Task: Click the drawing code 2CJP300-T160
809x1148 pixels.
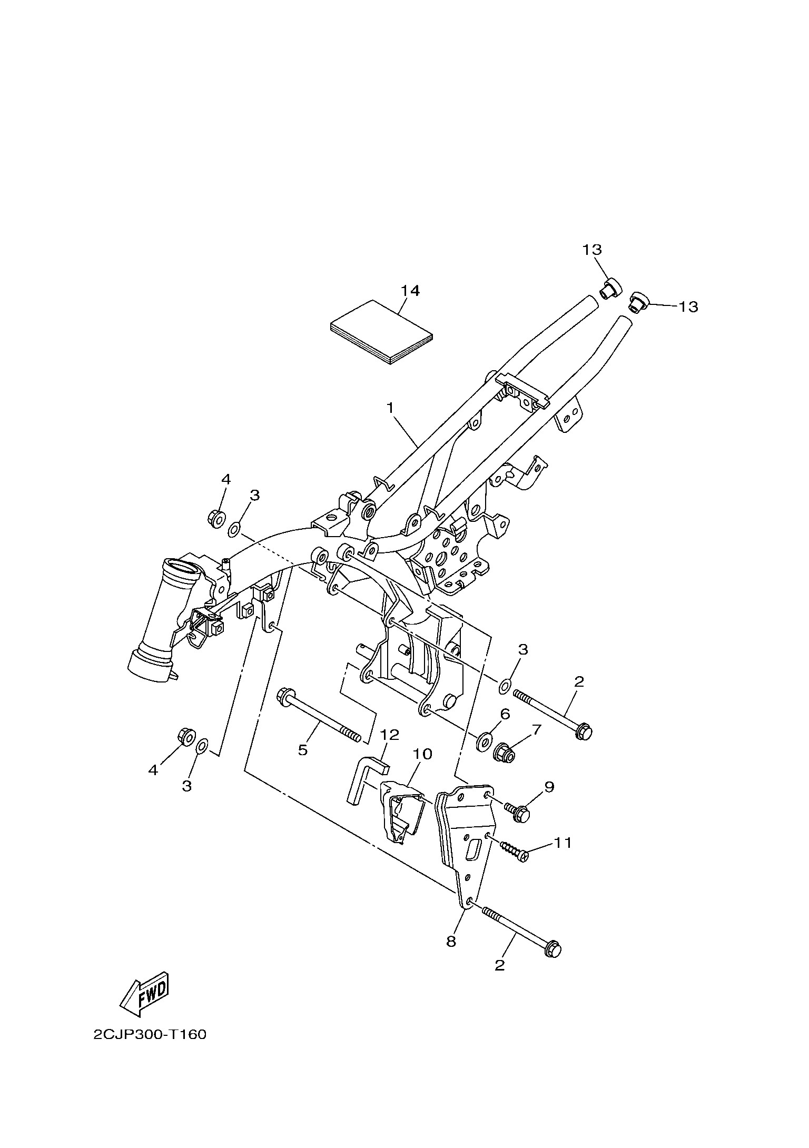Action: pyautogui.click(x=150, y=1050)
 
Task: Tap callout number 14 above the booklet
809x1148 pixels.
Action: pyautogui.click(x=410, y=291)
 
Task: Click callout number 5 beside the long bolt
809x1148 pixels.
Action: pyautogui.click(x=303, y=749)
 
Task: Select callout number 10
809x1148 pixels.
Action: pyautogui.click(x=423, y=754)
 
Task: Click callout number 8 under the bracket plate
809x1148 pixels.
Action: pyautogui.click(x=451, y=942)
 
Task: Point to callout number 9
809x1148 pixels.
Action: pyautogui.click(x=549, y=801)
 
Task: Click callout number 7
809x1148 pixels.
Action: pyautogui.click(x=536, y=730)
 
